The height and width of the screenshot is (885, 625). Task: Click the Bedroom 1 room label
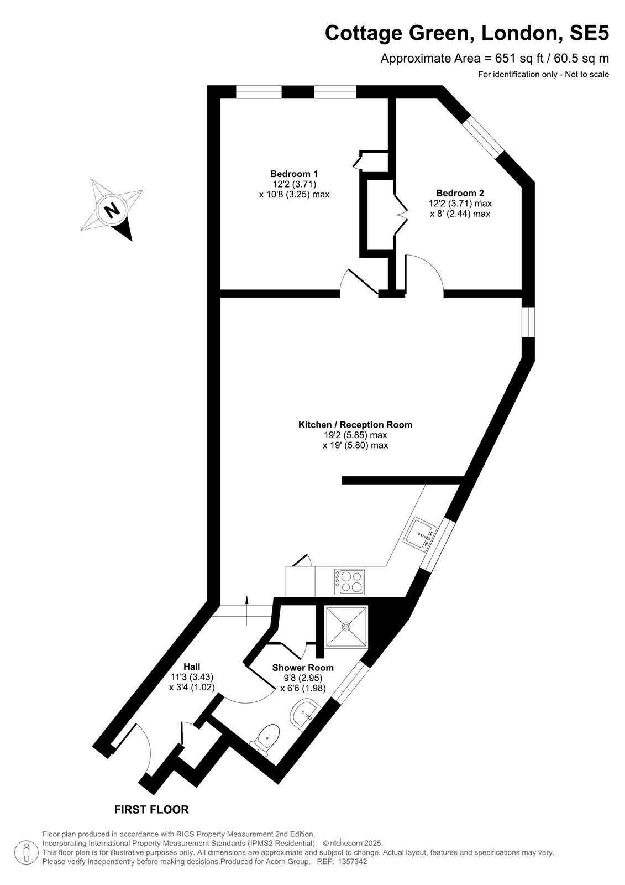pos(294,174)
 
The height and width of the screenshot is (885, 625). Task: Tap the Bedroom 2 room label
pos(460,193)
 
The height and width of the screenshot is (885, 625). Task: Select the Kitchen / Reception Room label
pos(355,425)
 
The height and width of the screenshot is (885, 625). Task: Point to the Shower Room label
pos(303,668)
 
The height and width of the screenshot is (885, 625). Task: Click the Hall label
pos(192,667)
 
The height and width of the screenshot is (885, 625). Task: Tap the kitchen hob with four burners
pos(349,581)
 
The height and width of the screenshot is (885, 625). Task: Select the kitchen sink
pos(419,533)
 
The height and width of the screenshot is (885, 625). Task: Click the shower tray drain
pos(346,627)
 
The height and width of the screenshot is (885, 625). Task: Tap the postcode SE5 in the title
pos(589,33)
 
